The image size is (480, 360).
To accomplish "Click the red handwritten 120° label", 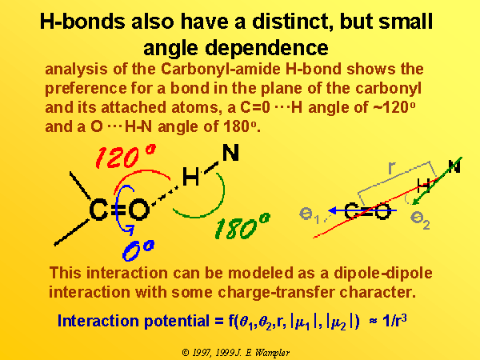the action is [126, 157].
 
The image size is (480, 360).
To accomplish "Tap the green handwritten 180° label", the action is [242, 227].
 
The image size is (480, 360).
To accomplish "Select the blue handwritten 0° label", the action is [138, 250].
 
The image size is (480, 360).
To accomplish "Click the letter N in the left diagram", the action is [230, 153].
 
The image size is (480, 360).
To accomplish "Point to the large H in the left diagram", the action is [190, 177].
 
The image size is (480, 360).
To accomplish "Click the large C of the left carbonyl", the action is [98, 210].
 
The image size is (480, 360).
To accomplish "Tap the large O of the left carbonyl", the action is [139, 210].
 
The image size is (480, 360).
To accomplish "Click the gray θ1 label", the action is [309, 215].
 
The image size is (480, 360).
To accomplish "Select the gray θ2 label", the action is [420, 219].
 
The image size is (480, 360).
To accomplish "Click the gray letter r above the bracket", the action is [392, 168].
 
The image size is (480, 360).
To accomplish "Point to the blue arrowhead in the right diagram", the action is [333, 210].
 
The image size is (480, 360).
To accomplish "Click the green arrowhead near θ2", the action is [417, 201].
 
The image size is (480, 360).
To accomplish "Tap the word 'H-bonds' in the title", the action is [82, 22].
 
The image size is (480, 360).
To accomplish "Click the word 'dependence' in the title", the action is [266, 48].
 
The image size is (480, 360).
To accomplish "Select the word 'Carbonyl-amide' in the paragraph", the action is [220, 69].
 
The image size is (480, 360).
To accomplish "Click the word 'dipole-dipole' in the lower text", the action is [382, 274].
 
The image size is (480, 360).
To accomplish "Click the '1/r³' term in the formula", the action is [394, 321].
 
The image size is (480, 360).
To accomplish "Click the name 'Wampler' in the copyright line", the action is [272, 353].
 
